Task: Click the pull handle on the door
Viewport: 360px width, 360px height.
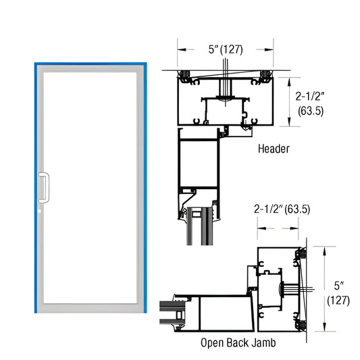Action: click(45, 188)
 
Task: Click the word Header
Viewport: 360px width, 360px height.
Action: click(274, 147)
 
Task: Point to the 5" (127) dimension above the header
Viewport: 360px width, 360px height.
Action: click(224, 49)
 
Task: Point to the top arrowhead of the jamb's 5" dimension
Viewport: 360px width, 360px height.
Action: click(327, 248)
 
